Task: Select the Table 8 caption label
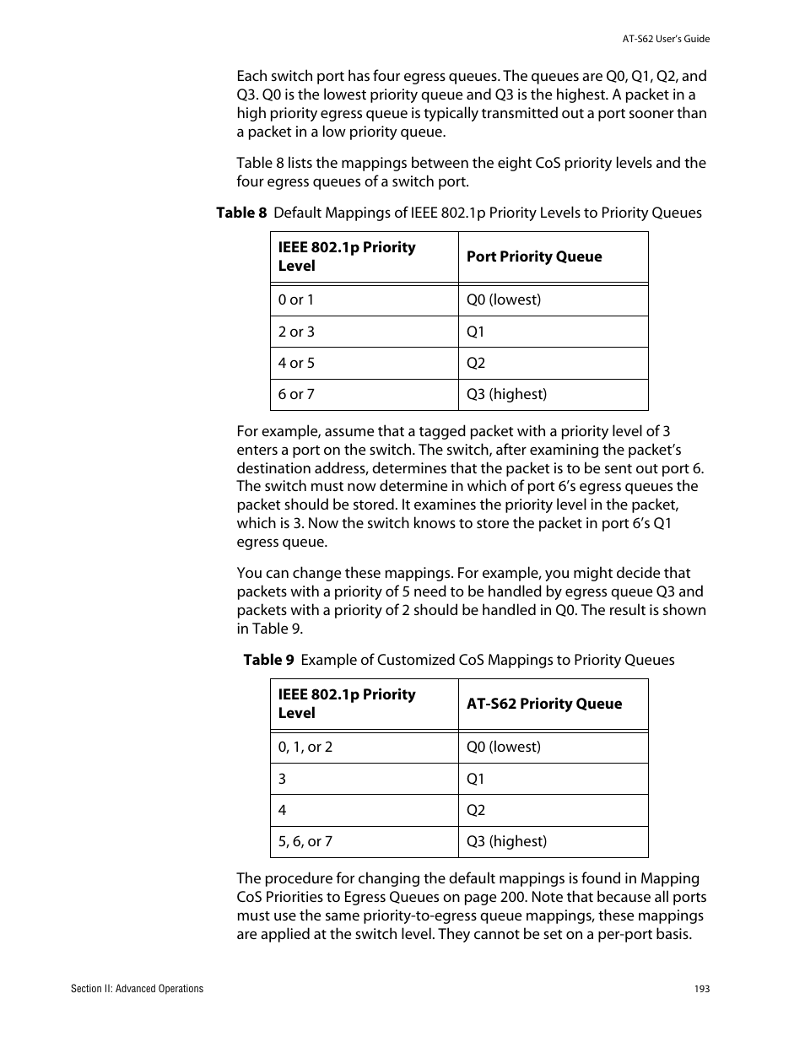pos(241,213)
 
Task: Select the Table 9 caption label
pos(268,660)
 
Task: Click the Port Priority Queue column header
pos(534,256)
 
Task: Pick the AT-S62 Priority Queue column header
pos(544,704)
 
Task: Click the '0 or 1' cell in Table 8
pos(296,300)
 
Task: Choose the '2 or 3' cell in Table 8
pos(296,332)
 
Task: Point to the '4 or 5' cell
pos(296,363)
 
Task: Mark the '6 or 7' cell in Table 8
pos(296,394)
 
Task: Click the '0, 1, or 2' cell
pos(305,747)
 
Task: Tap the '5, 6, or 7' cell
pos(305,841)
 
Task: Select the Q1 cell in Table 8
pos(476,332)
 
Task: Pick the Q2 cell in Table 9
pos(476,810)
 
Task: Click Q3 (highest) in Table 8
pos(506,394)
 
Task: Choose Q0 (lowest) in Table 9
pos(504,747)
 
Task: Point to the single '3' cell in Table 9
pos(283,779)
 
